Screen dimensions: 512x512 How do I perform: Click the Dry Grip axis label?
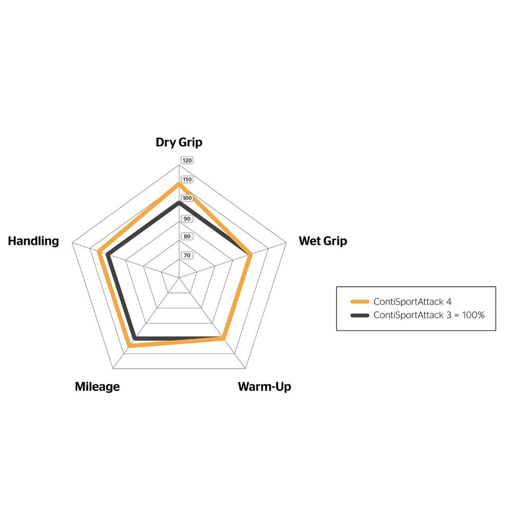[179, 142]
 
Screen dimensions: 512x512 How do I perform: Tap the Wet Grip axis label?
[323, 241]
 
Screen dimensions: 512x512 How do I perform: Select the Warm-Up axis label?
[265, 386]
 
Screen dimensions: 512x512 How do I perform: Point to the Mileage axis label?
[97, 387]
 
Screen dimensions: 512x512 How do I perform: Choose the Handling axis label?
[33, 241]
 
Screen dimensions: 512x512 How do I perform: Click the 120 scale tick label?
[187, 160]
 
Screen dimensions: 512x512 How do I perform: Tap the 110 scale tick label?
[187, 179]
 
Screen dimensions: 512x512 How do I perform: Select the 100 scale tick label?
[187, 198]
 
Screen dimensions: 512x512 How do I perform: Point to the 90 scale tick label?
[187, 219]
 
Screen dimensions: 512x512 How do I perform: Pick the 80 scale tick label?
[187, 237]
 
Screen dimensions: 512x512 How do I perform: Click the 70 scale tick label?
[187, 255]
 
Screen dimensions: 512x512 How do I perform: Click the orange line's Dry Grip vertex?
[179, 184]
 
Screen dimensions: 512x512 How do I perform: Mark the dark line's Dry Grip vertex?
[179, 203]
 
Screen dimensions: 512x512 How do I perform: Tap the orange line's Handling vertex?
[99, 251]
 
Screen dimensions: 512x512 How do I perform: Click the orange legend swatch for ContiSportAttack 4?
[360, 302]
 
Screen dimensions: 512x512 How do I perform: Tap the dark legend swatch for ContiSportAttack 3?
[360, 315]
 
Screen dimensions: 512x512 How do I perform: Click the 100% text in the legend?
[473, 315]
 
